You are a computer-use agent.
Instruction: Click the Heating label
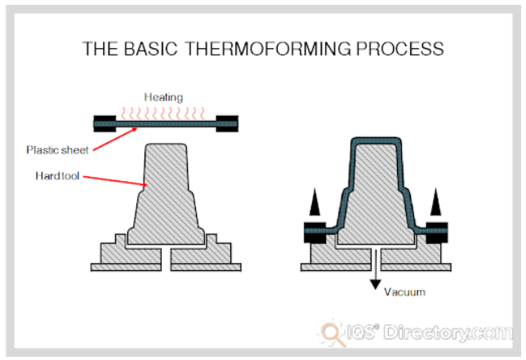(163, 97)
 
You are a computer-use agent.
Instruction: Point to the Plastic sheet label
(57, 149)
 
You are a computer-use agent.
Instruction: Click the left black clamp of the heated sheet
(105, 124)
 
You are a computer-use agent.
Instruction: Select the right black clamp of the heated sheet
(228, 124)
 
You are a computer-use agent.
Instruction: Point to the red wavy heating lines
(167, 111)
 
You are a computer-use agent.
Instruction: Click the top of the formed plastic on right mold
(376, 143)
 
